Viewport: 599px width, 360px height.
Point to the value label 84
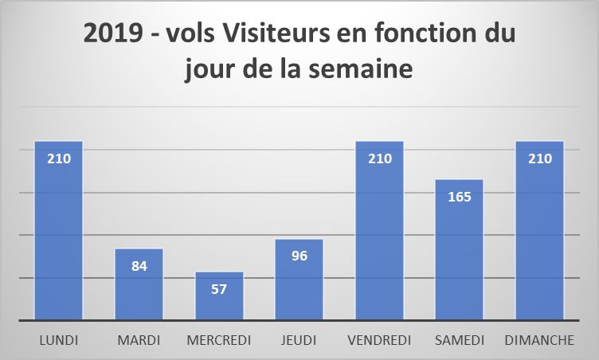coord(139,266)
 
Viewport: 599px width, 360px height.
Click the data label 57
coord(219,288)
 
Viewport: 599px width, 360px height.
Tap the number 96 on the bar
coord(299,256)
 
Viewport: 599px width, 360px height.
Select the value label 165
coord(459,196)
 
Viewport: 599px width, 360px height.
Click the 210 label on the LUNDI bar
coord(58,158)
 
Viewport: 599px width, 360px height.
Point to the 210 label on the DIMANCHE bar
coord(539,158)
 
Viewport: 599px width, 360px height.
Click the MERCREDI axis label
coord(219,340)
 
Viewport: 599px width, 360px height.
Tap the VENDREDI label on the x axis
coord(379,340)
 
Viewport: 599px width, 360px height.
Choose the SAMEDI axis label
coord(459,340)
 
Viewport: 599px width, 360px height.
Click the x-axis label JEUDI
coord(299,340)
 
